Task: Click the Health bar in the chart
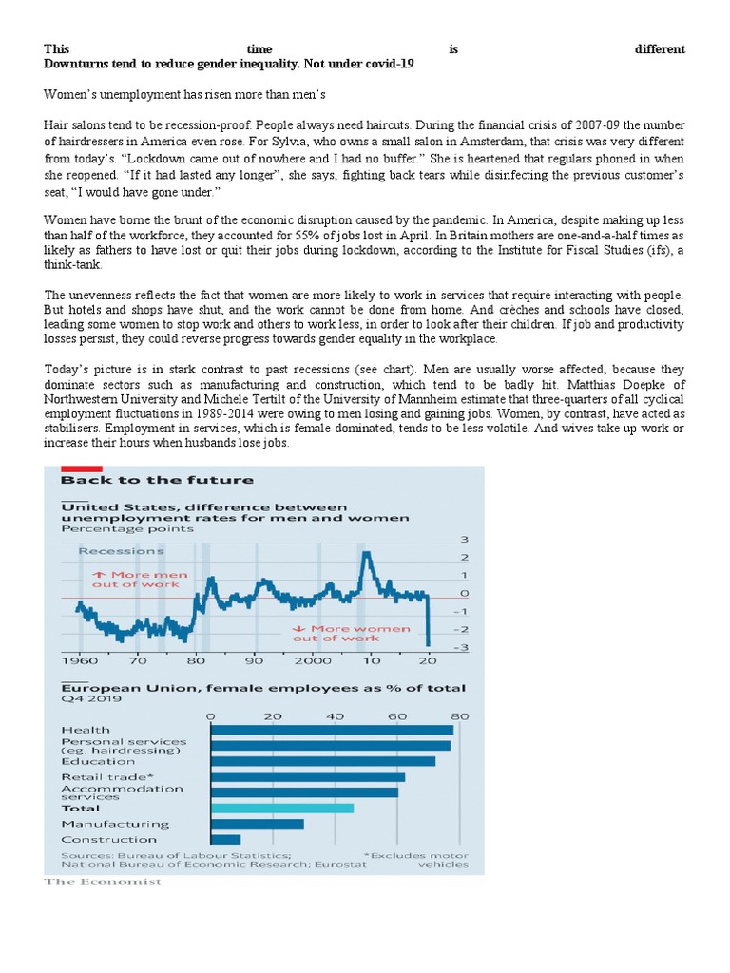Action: pyautogui.click(x=331, y=730)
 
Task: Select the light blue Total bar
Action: pyautogui.click(x=281, y=808)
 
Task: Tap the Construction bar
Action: pyautogui.click(x=225, y=839)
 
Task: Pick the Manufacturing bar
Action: pyautogui.click(x=257, y=824)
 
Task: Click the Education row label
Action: pyautogui.click(x=98, y=761)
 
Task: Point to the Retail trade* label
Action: pyautogui.click(x=100, y=776)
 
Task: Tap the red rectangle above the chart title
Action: pyautogui.click(x=82, y=467)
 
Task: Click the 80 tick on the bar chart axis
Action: pyautogui.click(x=459, y=715)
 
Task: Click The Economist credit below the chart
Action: pyautogui.click(x=103, y=882)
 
